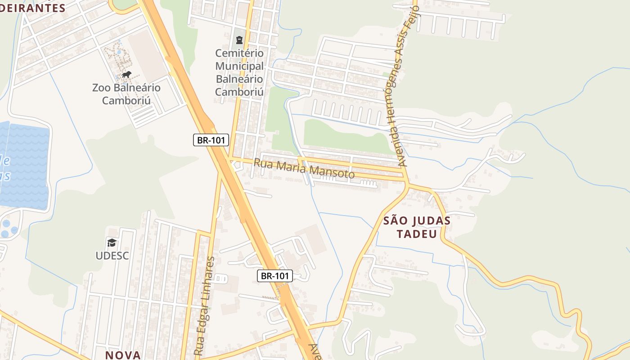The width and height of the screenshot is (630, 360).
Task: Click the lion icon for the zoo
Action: point(126,74)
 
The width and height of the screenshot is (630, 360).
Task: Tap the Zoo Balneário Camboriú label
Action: point(126,94)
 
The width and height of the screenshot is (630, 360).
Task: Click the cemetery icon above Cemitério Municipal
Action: point(239,40)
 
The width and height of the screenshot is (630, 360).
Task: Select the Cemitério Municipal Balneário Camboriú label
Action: point(239,72)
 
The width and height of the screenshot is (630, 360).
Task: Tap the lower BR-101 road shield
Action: point(275,276)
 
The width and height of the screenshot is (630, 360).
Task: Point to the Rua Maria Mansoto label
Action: point(304,168)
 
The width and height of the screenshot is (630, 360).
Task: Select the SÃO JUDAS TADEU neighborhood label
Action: point(417,227)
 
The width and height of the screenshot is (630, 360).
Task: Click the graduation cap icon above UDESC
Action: point(112,243)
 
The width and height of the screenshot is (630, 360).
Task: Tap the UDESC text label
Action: point(112,256)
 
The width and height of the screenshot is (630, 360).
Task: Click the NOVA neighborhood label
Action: point(123,355)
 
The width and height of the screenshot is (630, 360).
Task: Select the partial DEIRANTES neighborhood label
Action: point(33,8)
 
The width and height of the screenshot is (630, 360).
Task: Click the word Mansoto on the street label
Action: point(333,172)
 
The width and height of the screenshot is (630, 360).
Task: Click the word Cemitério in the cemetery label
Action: point(239,54)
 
